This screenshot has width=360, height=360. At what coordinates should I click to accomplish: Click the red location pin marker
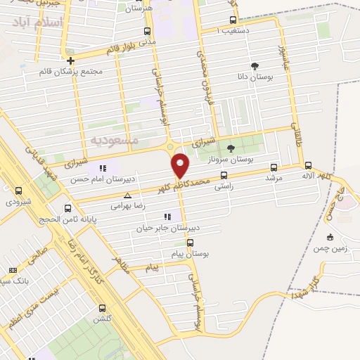(x=181, y=165)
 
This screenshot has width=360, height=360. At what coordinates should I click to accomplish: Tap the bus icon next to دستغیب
(x=233, y=20)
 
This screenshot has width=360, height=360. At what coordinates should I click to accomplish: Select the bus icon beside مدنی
(x=147, y=31)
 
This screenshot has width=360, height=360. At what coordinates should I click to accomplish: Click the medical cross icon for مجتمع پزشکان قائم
(x=70, y=60)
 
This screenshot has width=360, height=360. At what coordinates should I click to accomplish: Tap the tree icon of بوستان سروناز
(x=231, y=147)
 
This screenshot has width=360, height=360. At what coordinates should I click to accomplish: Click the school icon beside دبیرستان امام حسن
(x=103, y=168)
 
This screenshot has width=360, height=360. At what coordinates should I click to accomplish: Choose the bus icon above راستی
(x=224, y=176)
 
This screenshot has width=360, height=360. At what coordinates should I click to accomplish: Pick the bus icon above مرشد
(x=274, y=167)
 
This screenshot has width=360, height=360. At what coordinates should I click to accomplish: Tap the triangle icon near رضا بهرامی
(x=127, y=196)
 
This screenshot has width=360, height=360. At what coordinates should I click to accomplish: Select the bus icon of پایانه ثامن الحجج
(x=67, y=208)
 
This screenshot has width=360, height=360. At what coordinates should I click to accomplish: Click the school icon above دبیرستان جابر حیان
(x=167, y=217)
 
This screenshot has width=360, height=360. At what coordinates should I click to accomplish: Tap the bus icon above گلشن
(x=103, y=308)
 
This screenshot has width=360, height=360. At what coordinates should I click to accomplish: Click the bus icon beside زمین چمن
(x=330, y=236)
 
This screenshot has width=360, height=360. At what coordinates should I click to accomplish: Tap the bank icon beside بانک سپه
(x=12, y=270)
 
